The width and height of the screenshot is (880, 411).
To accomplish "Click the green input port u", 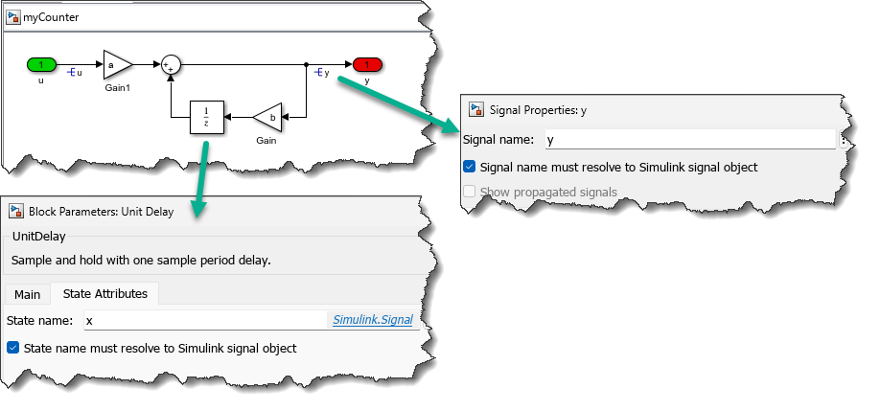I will coord(40,64).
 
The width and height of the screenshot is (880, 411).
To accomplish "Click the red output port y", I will coord(367,64).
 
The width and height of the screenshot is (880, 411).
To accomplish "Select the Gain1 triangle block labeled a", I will coord(116,65).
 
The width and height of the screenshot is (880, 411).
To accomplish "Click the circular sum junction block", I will coord(171,64).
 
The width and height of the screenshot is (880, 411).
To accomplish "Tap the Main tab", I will coord(27,294).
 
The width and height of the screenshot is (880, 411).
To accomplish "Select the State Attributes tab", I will coord(104,294).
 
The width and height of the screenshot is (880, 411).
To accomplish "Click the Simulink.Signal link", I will coord(373,320).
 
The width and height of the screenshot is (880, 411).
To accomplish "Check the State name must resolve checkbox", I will coord(12,348).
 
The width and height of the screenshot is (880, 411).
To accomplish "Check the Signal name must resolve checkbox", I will coord(469,167).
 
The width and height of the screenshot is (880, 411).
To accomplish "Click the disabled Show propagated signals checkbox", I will coord(469,193).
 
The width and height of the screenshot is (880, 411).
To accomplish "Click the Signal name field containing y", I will coord(690,140).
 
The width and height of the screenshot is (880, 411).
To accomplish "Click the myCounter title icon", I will coord(14,16).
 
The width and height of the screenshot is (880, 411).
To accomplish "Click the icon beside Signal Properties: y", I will coord(475,109).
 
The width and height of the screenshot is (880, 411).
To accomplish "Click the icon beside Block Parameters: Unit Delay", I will coord(15,211).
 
